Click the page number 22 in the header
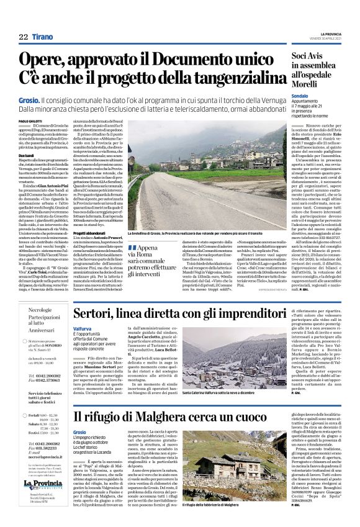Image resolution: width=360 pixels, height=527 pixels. [23, 37]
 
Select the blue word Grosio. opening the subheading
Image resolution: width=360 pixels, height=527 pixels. [29, 99]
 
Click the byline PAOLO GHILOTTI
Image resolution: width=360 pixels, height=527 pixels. [30, 120]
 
